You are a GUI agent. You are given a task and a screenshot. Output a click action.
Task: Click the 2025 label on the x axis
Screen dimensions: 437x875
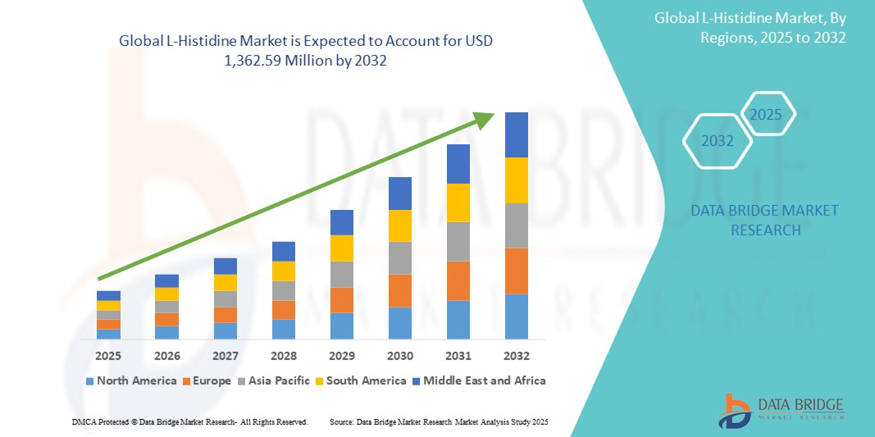[108, 356]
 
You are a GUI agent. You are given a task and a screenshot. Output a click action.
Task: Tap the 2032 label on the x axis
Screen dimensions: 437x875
[517, 356]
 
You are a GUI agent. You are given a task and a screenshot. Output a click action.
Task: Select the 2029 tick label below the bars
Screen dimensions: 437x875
[342, 356]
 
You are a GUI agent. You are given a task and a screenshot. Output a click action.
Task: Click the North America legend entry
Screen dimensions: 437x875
[130, 380]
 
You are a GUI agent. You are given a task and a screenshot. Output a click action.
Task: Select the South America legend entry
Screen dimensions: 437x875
[362, 380]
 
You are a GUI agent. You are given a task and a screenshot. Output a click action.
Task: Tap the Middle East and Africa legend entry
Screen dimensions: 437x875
[479, 380]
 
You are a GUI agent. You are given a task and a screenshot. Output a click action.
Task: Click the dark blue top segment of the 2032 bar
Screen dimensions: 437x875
[517, 134]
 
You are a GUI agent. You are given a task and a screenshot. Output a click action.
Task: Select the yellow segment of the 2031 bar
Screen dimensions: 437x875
[458, 203]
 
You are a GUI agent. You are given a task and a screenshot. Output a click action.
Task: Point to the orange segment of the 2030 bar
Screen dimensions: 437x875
[400, 290]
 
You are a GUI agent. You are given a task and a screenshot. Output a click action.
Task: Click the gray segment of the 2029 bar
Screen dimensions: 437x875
[342, 274]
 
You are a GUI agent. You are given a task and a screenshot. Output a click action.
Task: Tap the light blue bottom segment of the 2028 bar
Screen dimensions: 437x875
[284, 329]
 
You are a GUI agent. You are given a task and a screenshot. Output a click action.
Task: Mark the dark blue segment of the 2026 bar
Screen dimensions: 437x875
[166, 280]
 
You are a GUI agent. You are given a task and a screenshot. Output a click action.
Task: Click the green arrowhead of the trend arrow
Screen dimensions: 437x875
[485, 121]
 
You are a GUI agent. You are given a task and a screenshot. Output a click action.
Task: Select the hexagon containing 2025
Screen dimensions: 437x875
[767, 115]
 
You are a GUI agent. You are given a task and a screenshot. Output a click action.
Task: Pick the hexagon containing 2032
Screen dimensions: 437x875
[718, 141]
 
